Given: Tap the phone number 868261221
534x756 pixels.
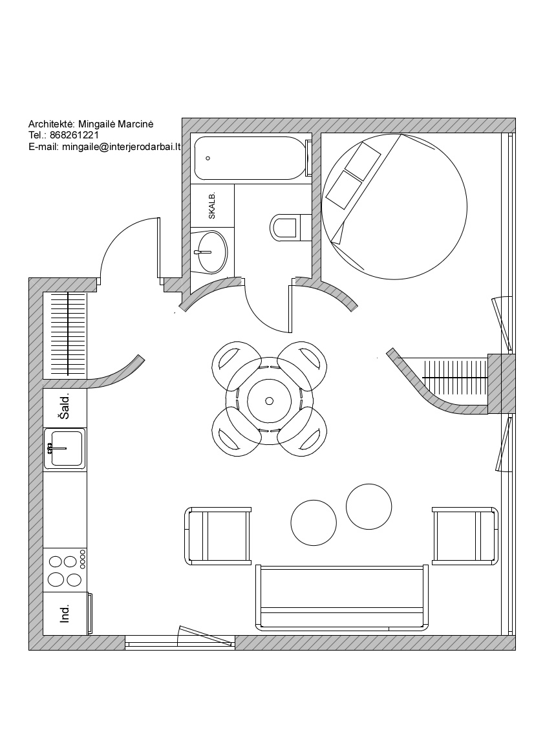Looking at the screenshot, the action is pyautogui.click(x=74, y=135).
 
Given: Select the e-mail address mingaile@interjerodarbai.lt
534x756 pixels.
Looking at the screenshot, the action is pyautogui.click(x=122, y=147).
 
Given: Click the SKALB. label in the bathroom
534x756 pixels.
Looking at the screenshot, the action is pyautogui.click(x=212, y=206).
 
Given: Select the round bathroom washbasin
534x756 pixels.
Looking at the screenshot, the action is pyautogui.click(x=213, y=251).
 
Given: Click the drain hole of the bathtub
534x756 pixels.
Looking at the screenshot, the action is pyautogui.click(x=208, y=158).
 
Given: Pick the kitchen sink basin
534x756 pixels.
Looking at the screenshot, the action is pyautogui.click(x=67, y=448).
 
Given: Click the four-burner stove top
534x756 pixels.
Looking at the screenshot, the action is pyautogui.click(x=65, y=570).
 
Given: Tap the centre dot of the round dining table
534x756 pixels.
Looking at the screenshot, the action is pyautogui.click(x=269, y=401).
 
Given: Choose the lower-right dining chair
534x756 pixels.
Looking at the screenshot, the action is pyautogui.click(x=303, y=432).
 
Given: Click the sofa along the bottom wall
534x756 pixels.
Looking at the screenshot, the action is pyautogui.click(x=342, y=598).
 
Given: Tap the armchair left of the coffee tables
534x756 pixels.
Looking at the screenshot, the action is pyautogui.click(x=218, y=535).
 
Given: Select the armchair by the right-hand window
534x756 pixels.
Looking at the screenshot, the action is pyautogui.click(x=465, y=535).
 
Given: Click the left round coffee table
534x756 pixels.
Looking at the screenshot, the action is pyautogui.click(x=314, y=523).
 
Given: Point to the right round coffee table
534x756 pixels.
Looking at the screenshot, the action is pyautogui.click(x=368, y=506).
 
